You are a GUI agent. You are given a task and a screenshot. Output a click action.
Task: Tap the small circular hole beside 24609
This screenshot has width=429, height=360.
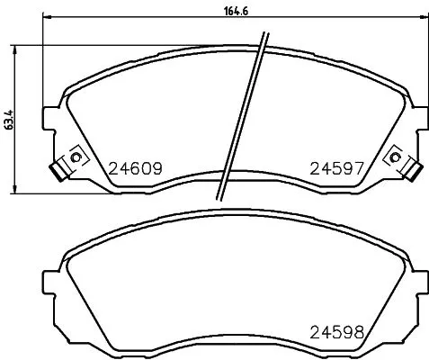76,158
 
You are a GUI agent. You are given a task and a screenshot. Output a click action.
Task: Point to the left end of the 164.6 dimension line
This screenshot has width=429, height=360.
44,21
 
